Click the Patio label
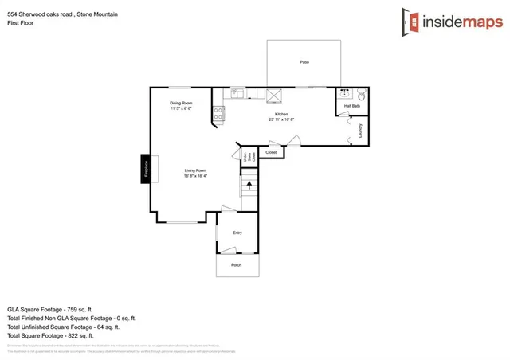pos(304,62)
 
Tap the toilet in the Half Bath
pos(360,93)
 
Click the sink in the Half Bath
pos(344,94)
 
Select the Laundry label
pos(360,129)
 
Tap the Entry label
pos(237,233)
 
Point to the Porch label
pos(236,264)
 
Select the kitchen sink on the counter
pos(237,93)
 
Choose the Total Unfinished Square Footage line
pos(64,327)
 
